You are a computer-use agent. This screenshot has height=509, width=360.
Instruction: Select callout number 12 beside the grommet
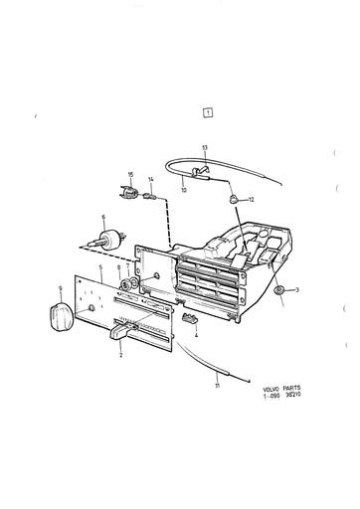point(252,201)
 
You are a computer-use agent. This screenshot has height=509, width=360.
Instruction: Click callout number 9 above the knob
point(61,290)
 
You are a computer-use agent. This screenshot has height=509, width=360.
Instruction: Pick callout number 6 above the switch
point(101,218)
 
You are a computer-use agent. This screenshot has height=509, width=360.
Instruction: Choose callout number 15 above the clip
point(129,175)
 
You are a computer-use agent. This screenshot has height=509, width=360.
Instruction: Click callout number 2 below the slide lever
point(121,354)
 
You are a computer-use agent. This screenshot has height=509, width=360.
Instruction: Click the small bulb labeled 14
point(150,196)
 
